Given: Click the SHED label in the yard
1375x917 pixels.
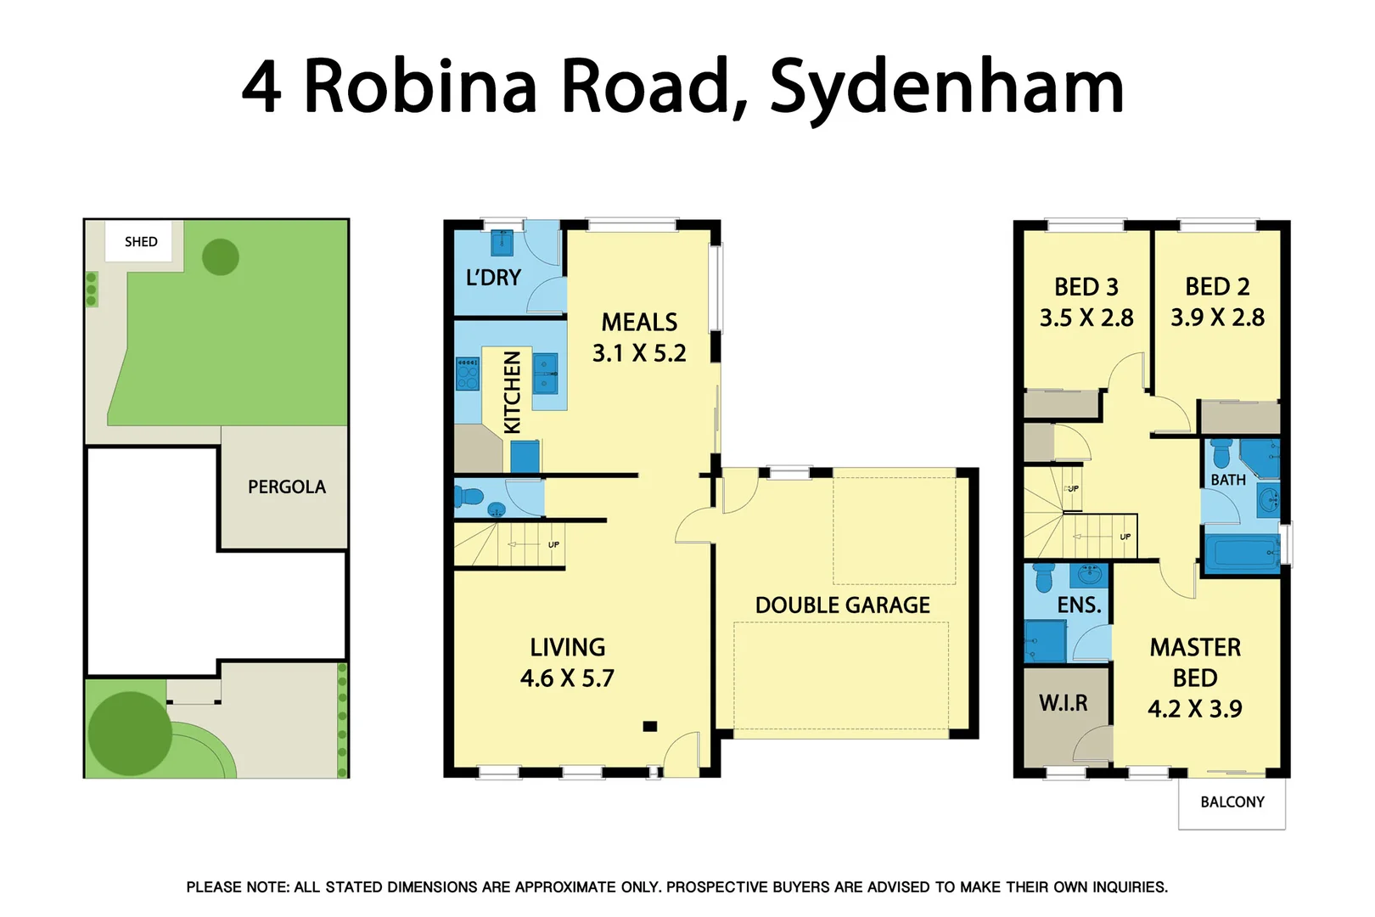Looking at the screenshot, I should pyautogui.click(x=141, y=242).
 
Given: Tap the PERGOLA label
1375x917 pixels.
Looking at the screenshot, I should pyautogui.click(x=286, y=487).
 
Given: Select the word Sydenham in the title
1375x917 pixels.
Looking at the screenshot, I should pyautogui.click(x=946, y=87).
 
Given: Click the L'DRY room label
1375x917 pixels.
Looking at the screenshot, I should pyautogui.click(x=493, y=278).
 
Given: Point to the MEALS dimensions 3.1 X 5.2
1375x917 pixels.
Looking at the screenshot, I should pyautogui.click(x=639, y=353).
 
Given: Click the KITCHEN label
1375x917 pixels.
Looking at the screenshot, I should pyautogui.click(x=512, y=392).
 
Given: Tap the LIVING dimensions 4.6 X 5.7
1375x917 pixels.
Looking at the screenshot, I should pyautogui.click(x=567, y=678).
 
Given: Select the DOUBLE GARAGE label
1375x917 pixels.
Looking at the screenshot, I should pyautogui.click(x=842, y=605).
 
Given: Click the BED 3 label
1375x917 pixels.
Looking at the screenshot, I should pyautogui.click(x=1086, y=287).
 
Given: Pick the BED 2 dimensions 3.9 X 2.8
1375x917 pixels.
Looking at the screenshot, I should pyautogui.click(x=1217, y=318).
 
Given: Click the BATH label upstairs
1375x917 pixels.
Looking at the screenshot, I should pyautogui.click(x=1228, y=481).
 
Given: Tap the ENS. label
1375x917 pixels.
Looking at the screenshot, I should pyautogui.click(x=1079, y=605).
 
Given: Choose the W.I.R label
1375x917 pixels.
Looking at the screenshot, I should pyautogui.click(x=1063, y=703).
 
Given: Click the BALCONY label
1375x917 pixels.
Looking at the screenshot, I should pyautogui.click(x=1232, y=802).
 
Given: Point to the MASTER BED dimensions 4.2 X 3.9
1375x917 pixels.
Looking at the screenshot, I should pyautogui.click(x=1195, y=709).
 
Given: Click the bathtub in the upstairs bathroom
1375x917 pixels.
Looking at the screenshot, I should pyautogui.click(x=1242, y=554).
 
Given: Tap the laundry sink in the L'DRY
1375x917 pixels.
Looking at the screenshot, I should pyautogui.click(x=502, y=244).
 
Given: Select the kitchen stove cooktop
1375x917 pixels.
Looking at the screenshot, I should pyautogui.click(x=468, y=374).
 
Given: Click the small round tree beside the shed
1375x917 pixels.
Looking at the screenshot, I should pyautogui.click(x=221, y=256).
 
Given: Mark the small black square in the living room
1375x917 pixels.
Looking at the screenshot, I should pyautogui.click(x=650, y=727).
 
